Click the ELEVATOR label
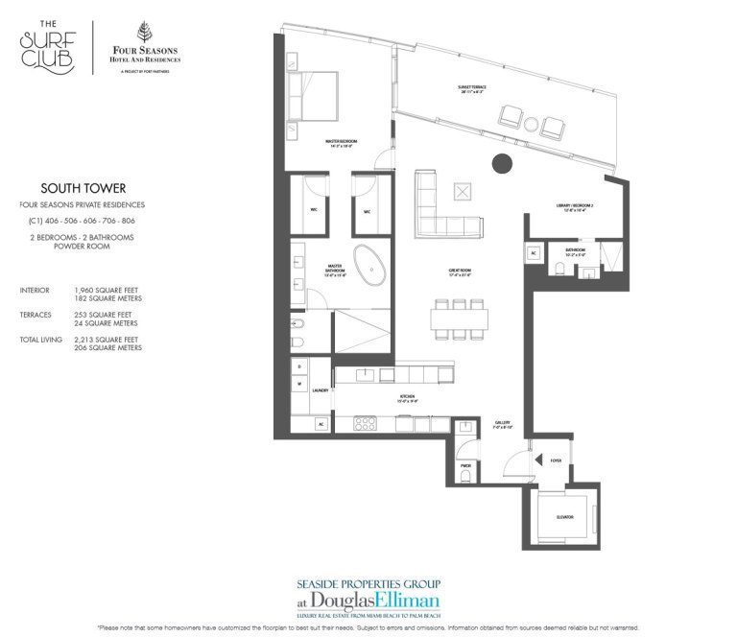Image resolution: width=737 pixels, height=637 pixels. [x=563, y=517]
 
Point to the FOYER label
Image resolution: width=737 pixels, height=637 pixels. [x=556, y=460]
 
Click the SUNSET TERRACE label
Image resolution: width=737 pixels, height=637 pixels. [x=471, y=87]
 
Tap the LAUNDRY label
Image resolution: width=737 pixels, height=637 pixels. [x=320, y=390]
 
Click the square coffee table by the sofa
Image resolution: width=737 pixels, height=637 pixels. [x=464, y=191]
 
